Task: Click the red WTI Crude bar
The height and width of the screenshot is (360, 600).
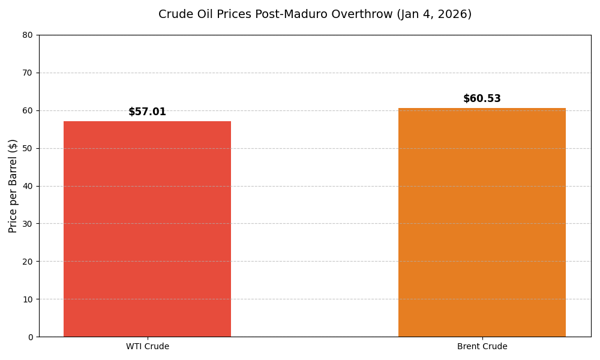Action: point(147,229)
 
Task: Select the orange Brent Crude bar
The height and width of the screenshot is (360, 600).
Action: point(482,222)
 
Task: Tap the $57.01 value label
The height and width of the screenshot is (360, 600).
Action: point(147,112)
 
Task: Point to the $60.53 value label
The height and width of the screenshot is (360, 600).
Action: point(482,99)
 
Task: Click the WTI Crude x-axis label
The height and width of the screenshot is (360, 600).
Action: point(147,347)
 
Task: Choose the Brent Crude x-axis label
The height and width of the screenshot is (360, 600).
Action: point(482,347)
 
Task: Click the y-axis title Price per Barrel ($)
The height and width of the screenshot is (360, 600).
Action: point(13,185)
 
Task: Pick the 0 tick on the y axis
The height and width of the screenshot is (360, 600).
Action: point(30,337)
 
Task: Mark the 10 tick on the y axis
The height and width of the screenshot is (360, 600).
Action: point(28,299)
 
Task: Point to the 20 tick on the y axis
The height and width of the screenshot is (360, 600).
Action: point(28,262)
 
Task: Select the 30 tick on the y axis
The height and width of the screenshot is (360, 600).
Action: point(28,224)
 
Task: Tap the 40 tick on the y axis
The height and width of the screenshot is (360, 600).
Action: point(28,186)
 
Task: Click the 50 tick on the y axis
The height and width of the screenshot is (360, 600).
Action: point(28,148)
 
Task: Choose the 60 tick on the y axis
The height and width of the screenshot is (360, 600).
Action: point(28,110)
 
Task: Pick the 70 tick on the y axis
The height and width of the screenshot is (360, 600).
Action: point(28,73)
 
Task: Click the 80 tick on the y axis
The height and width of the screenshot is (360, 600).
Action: point(28,35)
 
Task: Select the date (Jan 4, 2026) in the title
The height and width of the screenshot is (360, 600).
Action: point(434,14)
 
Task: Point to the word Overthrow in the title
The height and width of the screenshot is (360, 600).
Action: point(365,14)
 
